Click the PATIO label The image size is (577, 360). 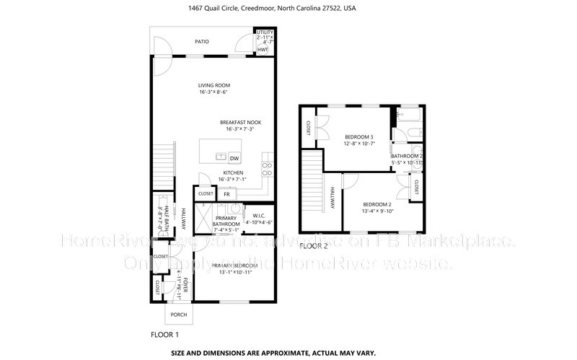202,42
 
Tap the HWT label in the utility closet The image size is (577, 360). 263,50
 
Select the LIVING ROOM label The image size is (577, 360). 214,85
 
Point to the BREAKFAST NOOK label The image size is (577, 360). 240,123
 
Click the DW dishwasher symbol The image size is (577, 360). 234,159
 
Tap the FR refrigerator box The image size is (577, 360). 226,194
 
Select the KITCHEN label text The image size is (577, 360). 232,173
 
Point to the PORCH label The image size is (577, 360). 179,315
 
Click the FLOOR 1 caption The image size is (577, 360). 164,335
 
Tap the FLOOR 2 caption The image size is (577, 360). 314,247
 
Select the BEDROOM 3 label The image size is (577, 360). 358,137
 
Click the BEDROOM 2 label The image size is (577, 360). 376,204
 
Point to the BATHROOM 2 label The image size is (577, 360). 407,156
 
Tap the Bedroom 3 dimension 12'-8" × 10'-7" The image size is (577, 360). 358,144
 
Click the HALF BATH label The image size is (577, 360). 166,215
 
